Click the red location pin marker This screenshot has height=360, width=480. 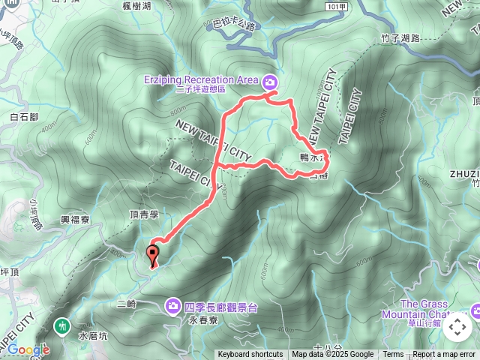click(153, 255)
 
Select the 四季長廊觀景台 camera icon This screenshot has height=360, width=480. click(173, 304)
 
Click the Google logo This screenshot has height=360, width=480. click(28, 349)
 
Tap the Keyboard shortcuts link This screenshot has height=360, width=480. click(250, 355)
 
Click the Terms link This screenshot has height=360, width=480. click(393, 355)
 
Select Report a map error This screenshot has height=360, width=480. click(444, 355)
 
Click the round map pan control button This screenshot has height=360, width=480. click(457, 327)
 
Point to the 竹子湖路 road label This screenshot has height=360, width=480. click(400, 37)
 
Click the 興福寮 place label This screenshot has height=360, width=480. click(75, 222)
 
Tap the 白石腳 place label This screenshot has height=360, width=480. click(24, 116)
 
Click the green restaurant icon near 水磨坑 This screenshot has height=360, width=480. click(63, 326)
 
